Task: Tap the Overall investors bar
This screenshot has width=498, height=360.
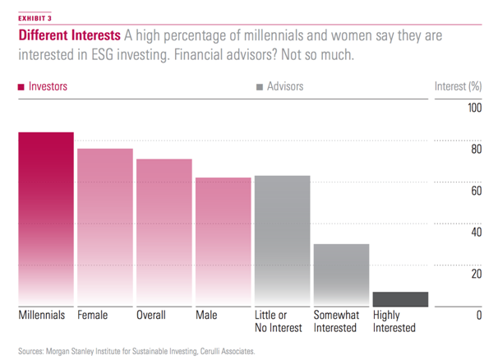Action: pyautogui.click(x=164, y=233)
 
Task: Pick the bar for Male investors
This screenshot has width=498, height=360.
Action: pyautogui.click(x=223, y=242)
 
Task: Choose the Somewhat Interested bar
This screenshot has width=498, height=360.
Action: pyautogui.click(x=341, y=275)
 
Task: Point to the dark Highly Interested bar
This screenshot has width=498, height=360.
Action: pyautogui.click(x=400, y=299)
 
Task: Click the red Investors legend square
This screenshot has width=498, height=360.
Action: pyautogui.click(x=21, y=85)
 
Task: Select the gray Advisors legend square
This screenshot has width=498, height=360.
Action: pyautogui.click(x=261, y=85)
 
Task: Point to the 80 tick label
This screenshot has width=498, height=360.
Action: pyautogui.click(x=475, y=150)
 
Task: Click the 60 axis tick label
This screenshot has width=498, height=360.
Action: pyautogui.click(x=475, y=191)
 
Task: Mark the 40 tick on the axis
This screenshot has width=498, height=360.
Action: pyautogui.click(x=475, y=233)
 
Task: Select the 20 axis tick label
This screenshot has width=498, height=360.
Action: pyautogui.click(x=475, y=274)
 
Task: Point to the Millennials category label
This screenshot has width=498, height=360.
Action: pyautogui.click(x=43, y=315)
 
